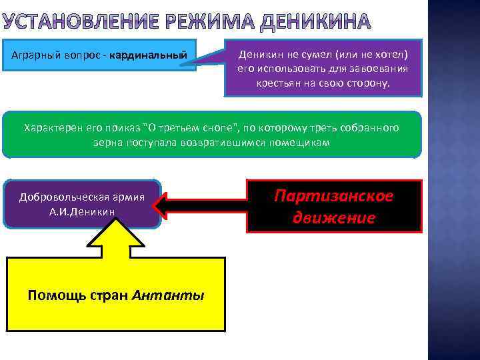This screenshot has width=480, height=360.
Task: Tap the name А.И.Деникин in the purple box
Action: coord(82,212)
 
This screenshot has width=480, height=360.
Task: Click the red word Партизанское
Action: coord(334,197)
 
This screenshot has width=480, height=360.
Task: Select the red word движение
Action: coord(334,217)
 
